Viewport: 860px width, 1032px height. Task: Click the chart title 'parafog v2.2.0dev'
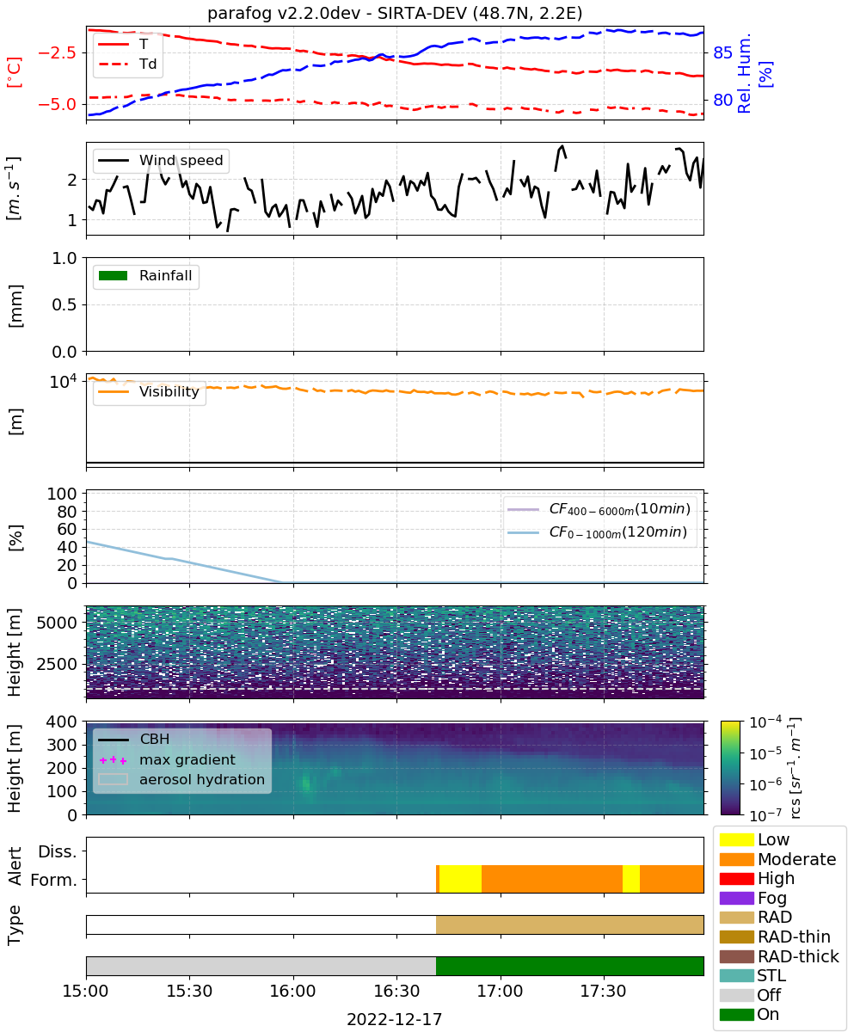tap(284, 13)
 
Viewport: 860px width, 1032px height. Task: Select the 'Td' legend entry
tap(127, 64)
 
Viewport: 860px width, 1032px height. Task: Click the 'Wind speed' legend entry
tap(161, 160)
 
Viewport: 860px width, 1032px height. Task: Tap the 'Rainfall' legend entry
tap(145, 275)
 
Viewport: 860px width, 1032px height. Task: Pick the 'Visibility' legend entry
tap(148, 391)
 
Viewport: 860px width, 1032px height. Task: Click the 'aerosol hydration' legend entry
tap(181, 779)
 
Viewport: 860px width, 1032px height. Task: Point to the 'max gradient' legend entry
tap(168, 759)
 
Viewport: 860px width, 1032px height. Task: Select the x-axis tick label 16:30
tap(396, 991)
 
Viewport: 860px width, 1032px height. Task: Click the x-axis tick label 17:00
tap(501, 991)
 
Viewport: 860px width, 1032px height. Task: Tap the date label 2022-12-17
tap(395, 1019)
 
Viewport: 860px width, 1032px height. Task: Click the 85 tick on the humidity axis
tap(722, 52)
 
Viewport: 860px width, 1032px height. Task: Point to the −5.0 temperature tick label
tap(57, 104)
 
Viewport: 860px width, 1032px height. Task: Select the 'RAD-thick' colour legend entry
tap(779, 956)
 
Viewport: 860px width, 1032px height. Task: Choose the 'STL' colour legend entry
tap(752, 975)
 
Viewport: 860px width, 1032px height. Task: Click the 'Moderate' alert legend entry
tap(777, 859)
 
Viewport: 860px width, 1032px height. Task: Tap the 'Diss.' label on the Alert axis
tap(58, 851)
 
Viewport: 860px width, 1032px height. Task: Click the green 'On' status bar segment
tap(569, 966)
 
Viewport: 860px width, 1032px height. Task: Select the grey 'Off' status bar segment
tap(261, 966)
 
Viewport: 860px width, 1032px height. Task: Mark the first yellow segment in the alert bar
tap(460, 879)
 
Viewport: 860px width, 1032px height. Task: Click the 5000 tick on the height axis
tap(57, 623)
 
